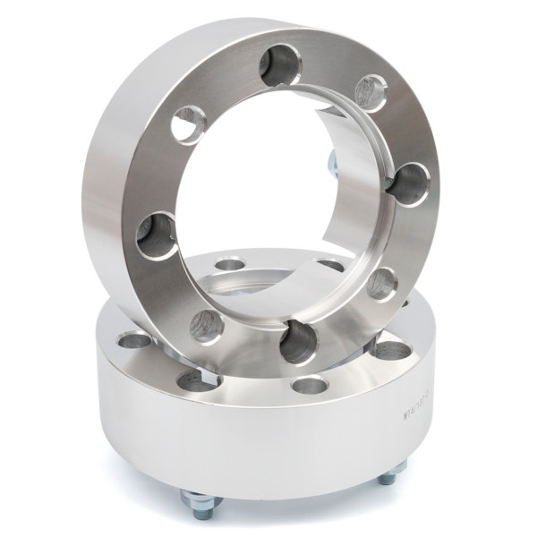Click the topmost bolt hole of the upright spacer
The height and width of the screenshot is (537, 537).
(x=280, y=64)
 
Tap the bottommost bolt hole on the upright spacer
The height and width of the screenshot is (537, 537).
(x=299, y=343)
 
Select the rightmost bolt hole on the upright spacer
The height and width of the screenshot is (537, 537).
(x=410, y=184)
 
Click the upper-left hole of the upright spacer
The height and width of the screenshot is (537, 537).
(x=188, y=124)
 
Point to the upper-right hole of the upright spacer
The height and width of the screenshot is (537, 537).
(x=371, y=92)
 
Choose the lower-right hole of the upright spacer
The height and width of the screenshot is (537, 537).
(x=382, y=283)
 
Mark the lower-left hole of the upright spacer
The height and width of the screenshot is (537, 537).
(x=207, y=327)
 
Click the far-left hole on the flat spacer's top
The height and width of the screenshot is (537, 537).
(x=135, y=340)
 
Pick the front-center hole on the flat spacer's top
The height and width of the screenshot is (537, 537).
(x=309, y=386)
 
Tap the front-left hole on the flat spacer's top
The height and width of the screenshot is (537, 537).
(x=199, y=380)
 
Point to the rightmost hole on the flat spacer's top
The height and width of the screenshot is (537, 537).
(x=393, y=349)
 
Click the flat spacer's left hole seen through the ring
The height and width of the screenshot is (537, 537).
(x=230, y=264)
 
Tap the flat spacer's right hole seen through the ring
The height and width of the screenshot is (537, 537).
(x=331, y=265)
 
